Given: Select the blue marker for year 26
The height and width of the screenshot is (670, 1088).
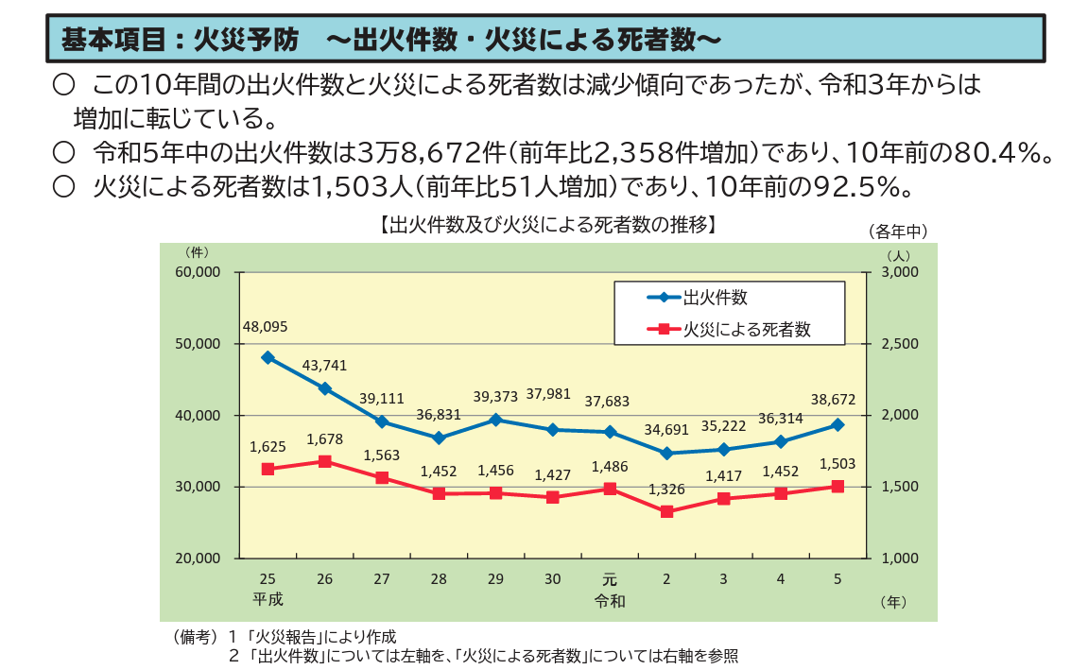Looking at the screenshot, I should click(x=325, y=388).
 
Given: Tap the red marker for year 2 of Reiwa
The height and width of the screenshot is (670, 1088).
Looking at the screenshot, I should click(x=666, y=511).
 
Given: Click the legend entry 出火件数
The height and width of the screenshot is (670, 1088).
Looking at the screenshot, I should click(x=715, y=298).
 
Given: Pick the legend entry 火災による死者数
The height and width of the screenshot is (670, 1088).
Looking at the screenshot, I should click(x=747, y=330).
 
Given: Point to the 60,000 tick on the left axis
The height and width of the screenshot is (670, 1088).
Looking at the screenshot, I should click(x=198, y=272).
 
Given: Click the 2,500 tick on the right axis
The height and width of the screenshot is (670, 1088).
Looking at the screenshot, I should click(x=900, y=344).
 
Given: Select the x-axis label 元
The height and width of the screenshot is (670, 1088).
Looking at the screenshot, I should click(x=610, y=578).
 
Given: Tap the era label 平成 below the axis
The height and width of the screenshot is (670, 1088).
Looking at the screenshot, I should click(x=268, y=599).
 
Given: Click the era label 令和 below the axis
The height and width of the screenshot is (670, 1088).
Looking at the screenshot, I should click(x=610, y=599).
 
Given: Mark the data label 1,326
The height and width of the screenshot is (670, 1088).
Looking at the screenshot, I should click(x=666, y=490).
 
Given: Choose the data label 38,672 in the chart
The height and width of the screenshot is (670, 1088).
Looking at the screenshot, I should click(x=833, y=400).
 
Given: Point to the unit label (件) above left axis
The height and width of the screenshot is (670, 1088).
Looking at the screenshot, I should click(x=197, y=251).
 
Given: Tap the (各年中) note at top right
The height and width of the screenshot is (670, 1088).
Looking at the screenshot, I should click(x=897, y=231).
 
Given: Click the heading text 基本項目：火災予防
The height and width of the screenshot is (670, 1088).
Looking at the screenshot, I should click(x=180, y=39).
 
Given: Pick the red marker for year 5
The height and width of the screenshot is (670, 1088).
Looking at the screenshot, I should click(x=838, y=486).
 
